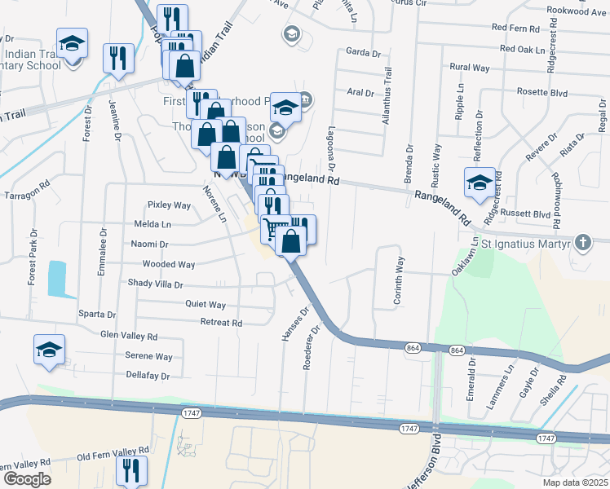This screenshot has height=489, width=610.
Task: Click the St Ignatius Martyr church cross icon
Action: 582,241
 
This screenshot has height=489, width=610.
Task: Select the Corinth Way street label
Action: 399,281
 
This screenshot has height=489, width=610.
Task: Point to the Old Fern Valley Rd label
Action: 113,450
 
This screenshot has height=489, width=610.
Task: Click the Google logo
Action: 27,478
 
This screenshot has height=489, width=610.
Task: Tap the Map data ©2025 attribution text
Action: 574,482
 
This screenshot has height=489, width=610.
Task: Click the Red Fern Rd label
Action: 516,28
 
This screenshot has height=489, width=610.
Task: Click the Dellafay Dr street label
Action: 148,376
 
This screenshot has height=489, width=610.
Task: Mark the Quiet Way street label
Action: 205,305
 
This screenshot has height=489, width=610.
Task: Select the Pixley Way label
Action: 168,205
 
